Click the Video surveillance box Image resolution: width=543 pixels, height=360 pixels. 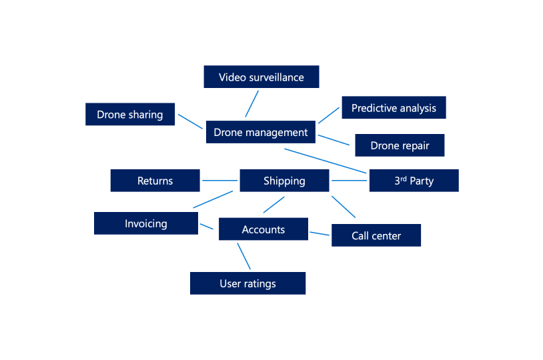tap(261, 77)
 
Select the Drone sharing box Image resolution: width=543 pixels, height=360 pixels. tap(130, 114)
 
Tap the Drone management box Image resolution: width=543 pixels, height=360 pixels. tap(260, 132)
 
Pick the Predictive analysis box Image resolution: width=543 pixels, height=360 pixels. tap(394, 107)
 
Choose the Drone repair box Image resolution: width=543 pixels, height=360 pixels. tap(400, 145)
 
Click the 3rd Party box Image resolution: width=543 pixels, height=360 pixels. tap(414, 181)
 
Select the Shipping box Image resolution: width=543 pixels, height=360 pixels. tap(284, 181)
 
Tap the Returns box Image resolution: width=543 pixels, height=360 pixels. tap(155, 181)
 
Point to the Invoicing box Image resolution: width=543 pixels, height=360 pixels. tap(145, 223)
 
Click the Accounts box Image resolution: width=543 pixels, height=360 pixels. tap(263, 229)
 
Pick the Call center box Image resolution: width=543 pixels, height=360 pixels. tap(376, 235)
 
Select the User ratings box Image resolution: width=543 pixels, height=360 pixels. tap(247, 283)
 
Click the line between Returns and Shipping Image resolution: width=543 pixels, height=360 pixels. tap(219, 181)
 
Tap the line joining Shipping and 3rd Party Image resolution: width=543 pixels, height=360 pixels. tap(350, 181)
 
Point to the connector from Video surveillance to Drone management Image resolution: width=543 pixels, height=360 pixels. tap(251, 103)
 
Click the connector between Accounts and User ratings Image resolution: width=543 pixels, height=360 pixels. tap(244, 256)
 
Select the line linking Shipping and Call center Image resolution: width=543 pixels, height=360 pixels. tap(343, 206)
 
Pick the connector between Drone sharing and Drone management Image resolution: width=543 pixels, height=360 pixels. tap(190, 121)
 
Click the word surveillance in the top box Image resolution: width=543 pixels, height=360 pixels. tap(276, 77)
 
